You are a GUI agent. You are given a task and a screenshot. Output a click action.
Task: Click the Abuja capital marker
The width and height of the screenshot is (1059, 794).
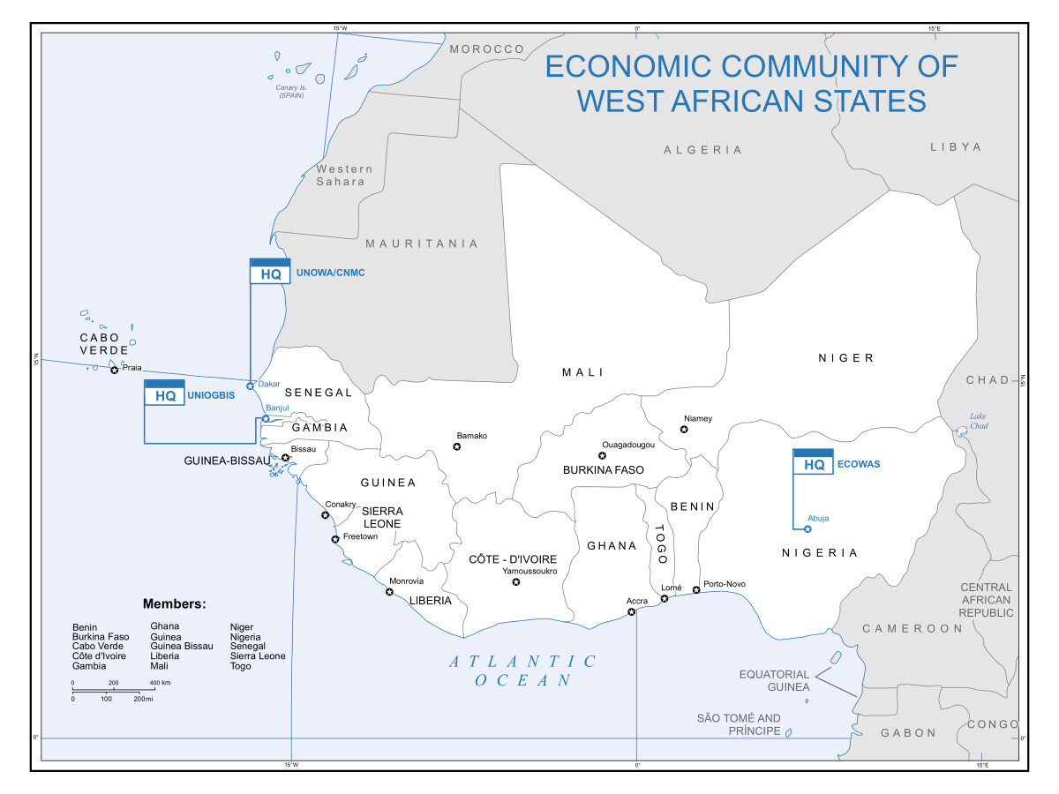point(807,529)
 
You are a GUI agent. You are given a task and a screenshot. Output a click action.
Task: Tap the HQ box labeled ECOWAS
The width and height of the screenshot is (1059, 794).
point(813,462)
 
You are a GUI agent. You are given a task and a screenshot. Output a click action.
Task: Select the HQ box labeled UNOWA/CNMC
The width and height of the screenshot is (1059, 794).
point(270,271)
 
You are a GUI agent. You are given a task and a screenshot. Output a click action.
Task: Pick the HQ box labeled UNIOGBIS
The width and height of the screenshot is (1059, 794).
point(164,393)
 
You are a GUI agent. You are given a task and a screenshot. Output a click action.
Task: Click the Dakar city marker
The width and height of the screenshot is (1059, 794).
point(251,386)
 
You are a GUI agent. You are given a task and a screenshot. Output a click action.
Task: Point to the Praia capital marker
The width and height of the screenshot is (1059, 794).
point(114,370)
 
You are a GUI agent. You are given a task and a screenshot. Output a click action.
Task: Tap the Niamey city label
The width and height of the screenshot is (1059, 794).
point(697,418)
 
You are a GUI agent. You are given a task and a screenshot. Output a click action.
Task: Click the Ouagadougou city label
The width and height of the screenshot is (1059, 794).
point(628,445)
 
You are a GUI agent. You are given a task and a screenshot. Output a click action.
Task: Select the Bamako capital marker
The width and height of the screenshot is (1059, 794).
point(457,446)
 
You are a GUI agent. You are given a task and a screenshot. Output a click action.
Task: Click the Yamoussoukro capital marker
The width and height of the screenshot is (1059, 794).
point(516,581)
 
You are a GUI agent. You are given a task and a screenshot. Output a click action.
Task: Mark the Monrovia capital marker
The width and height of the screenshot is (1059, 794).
point(389,591)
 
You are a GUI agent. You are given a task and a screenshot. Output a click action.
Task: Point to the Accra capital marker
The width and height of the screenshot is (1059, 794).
point(631,611)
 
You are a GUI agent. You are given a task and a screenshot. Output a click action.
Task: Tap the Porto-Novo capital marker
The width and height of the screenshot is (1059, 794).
point(696,589)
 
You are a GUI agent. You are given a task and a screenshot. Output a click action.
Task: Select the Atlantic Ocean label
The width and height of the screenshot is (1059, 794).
point(522,670)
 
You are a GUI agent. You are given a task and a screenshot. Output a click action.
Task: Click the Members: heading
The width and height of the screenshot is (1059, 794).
point(174,604)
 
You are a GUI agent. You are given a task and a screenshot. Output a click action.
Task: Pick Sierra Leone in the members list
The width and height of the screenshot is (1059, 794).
point(257,656)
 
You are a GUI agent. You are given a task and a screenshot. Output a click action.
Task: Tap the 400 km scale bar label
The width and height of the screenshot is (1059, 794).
point(159,683)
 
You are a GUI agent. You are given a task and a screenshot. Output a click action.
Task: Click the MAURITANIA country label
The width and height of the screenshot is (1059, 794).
point(422,243)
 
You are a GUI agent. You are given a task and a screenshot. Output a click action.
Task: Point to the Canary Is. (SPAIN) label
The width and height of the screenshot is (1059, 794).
point(290,91)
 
